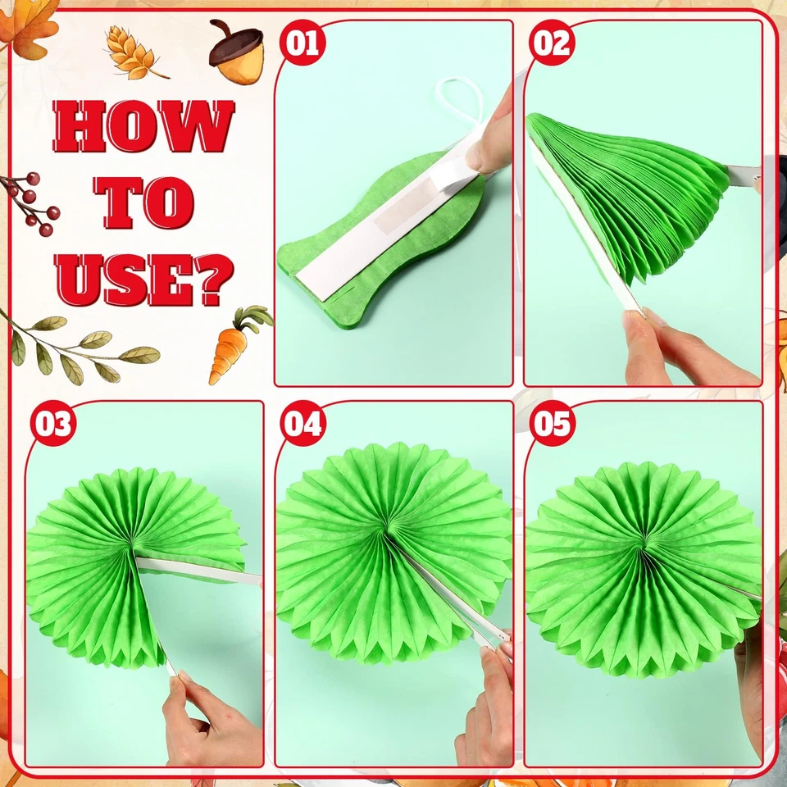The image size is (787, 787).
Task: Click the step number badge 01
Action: pyautogui.click(x=303, y=42)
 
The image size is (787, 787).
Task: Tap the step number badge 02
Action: pyautogui.click(x=552, y=42)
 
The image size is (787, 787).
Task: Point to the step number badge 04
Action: pyautogui.click(x=303, y=424)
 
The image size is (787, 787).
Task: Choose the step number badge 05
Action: pyautogui.click(x=552, y=424)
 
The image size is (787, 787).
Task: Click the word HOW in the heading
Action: pyautogui.click(x=144, y=127)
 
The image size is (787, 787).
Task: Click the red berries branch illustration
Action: pyautogui.click(x=31, y=201)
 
